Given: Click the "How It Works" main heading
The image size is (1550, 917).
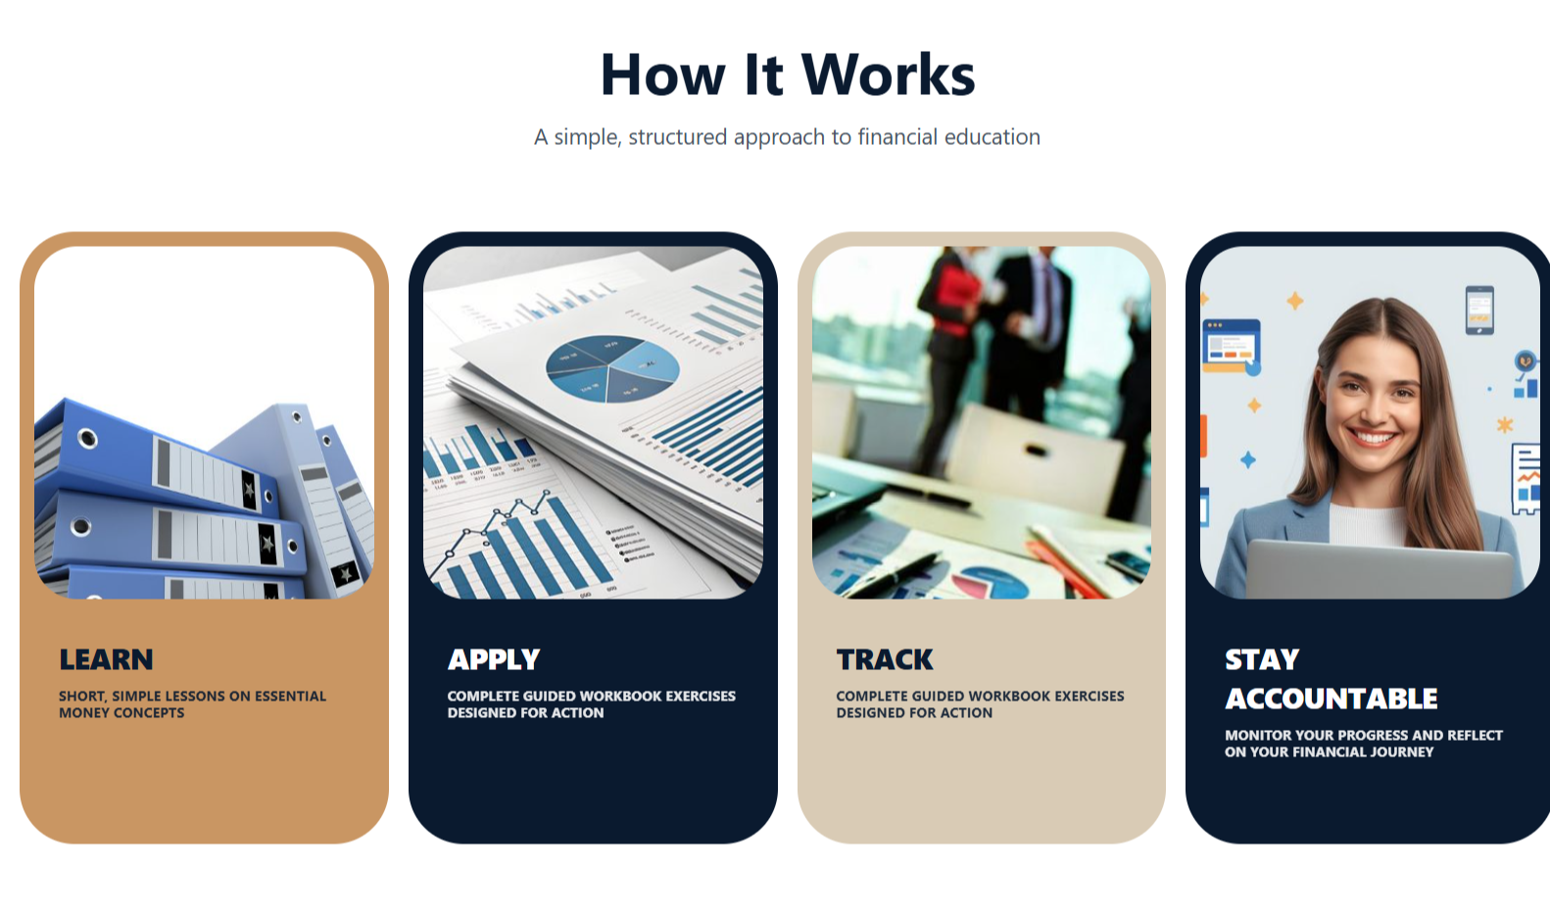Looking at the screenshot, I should click(x=788, y=74).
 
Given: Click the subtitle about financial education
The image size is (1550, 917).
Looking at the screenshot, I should click(x=787, y=137).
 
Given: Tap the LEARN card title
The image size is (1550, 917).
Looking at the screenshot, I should click(x=106, y=659).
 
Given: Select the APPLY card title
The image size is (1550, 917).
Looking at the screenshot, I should click(x=494, y=659).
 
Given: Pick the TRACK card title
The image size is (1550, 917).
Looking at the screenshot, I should click(x=885, y=659).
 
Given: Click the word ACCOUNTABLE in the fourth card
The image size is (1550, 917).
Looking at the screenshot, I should click(x=1331, y=699).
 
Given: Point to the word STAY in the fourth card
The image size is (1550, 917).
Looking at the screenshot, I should click(x=1262, y=659).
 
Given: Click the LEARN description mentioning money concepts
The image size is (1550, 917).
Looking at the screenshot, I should click(x=192, y=704).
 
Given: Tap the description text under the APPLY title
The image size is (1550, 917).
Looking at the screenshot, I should click(x=591, y=704).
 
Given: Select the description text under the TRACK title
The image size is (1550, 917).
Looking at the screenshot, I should click(x=980, y=704).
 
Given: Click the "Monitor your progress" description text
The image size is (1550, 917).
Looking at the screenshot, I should click(x=1363, y=744).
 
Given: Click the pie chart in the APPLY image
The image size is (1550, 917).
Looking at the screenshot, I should click(x=612, y=368).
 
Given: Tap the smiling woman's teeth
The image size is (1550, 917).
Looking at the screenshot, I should click(x=1372, y=438).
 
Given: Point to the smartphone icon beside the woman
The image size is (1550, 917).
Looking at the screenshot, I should click(x=1479, y=310).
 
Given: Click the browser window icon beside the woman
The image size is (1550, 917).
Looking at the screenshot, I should click(x=1231, y=345).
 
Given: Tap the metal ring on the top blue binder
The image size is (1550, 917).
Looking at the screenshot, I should click(x=87, y=438).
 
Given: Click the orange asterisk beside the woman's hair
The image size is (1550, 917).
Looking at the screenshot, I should click(x=1505, y=424).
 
